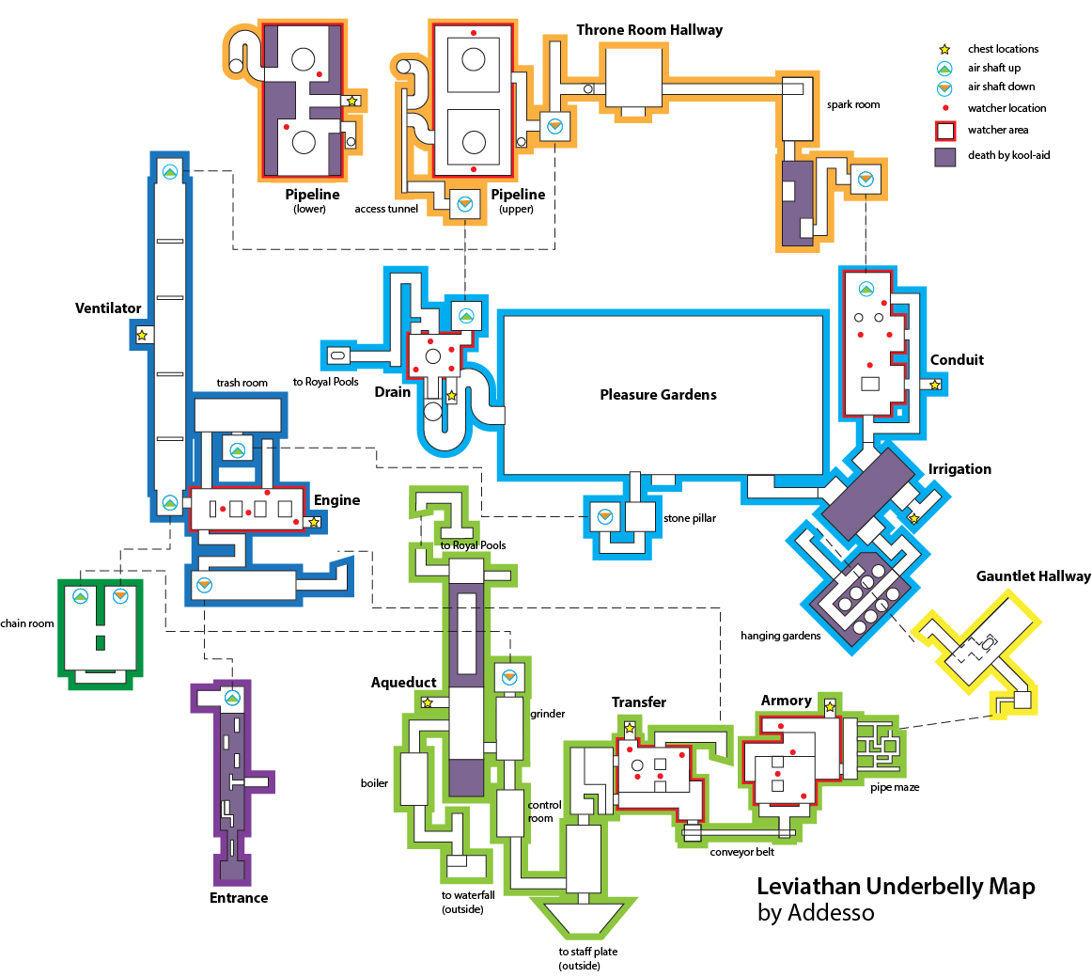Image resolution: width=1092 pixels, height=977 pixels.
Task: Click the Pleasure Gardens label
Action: point(658,394)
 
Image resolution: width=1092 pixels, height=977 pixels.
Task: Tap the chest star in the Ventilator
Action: point(142,335)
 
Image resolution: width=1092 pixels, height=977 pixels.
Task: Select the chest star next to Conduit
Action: point(935,385)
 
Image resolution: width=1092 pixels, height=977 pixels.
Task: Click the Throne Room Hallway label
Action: point(649,30)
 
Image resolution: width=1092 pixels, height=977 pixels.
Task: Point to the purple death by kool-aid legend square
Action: point(945,156)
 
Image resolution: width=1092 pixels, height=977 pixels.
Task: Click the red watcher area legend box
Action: point(945,131)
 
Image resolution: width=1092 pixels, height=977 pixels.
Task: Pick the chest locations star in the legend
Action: point(944,50)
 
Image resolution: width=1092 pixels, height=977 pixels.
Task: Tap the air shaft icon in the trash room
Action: point(238,450)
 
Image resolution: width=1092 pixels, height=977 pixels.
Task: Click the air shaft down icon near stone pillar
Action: point(604,516)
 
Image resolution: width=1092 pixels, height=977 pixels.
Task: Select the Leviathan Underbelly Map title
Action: point(896,887)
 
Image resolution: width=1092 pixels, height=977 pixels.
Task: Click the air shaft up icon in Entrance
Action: point(233,698)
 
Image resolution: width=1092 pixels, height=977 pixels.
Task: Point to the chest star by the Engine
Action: point(314,522)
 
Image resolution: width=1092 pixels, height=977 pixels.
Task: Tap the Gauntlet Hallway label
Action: point(1033,576)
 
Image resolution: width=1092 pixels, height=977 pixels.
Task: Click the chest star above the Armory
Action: point(830,706)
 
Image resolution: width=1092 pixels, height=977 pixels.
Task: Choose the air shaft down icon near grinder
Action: point(509,676)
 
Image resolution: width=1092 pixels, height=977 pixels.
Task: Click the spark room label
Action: point(853,104)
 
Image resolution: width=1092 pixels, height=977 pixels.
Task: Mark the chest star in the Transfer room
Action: point(630,728)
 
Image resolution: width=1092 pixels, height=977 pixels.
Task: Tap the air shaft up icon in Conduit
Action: point(866,289)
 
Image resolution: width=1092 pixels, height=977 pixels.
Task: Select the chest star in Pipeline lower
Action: point(352,101)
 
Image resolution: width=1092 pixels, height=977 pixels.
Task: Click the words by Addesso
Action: point(816,913)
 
